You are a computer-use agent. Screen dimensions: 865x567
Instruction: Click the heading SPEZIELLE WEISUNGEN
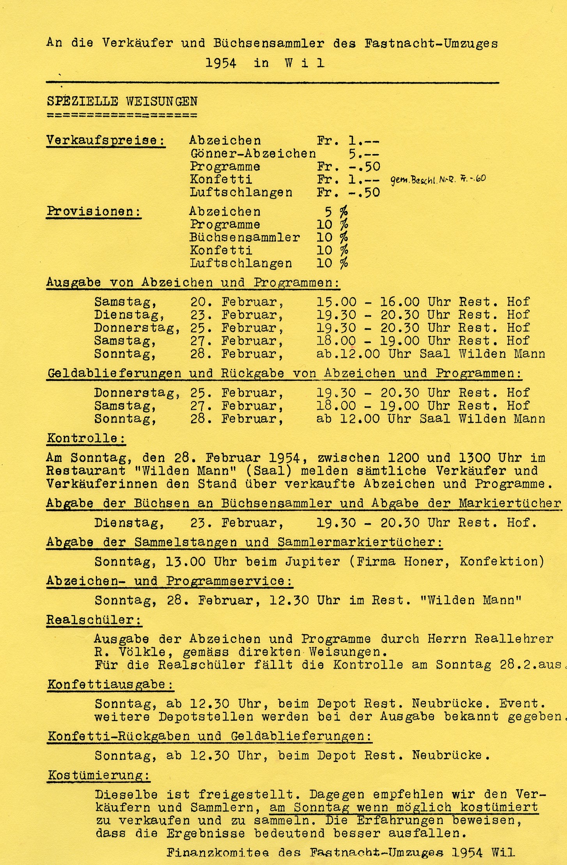click(122, 101)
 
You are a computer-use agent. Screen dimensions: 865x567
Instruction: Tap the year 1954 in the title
click(221, 63)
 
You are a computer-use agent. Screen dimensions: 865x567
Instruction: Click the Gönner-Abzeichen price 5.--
click(364, 154)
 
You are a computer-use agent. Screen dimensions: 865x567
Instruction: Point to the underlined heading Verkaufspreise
click(106, 140)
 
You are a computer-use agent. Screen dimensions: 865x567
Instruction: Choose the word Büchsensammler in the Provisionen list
click(245, 237)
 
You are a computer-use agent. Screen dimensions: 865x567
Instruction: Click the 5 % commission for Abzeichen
click(336, 211)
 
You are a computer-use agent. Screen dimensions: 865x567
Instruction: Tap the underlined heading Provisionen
click(94, 211)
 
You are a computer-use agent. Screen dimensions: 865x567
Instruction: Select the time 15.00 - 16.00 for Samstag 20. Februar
click(368, 302)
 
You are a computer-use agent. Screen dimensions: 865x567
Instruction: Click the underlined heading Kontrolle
click(86, 438)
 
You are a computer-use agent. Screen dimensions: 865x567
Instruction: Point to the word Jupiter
click(312, 561)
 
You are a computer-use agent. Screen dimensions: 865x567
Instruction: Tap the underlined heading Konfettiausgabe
click(110, 684)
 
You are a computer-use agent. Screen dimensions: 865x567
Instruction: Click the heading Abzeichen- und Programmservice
click(169, 581)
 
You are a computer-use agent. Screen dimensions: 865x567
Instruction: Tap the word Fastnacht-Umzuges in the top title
click(431, 43)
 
